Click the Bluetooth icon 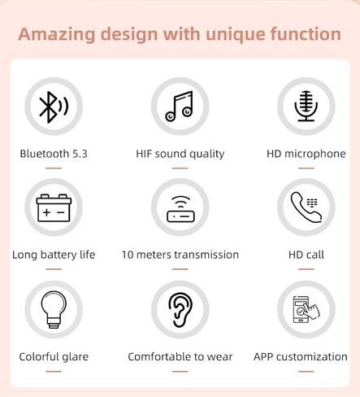tap(54, 107)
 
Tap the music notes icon tap(180, 107)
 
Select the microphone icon tap(306, 106)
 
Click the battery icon tap(54, 208)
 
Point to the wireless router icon tap(180, 209)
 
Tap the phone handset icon tap(306, 207)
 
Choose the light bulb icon tap(54, 310)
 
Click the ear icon tap(180, 310)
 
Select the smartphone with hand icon tap(306, 309)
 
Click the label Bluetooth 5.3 tap(54, 154)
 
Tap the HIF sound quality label tap(180, 154)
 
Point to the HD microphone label tap(306, 154)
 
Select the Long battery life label tap(54, 255)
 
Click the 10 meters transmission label tap(180, 255)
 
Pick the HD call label tap(306, 255)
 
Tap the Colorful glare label tap(54, 357)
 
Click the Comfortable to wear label tap(180, 357)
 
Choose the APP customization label tap(301, 357)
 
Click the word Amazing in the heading tap(57, 34)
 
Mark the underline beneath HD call tap(306, 269)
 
